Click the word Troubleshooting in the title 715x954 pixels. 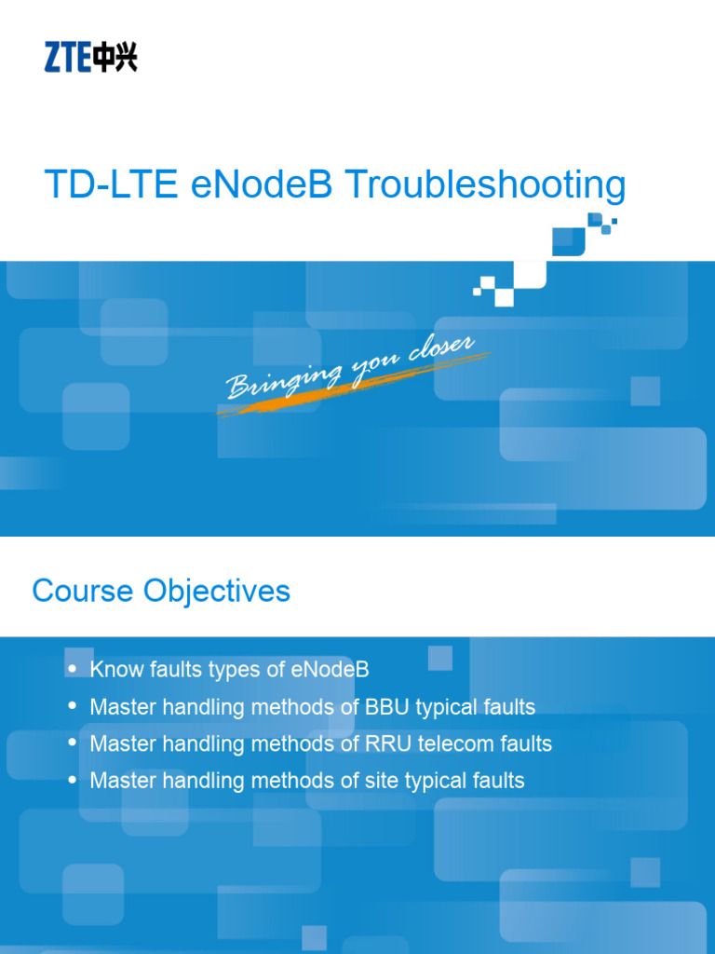pos(485,186)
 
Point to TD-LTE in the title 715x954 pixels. pos(111,185)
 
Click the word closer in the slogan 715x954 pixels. pos(441,354)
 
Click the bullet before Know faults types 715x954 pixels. pos(73,668)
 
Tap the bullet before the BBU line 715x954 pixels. pos(73,706)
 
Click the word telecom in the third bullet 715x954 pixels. pos(451,743)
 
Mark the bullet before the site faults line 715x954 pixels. pos(73,780)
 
